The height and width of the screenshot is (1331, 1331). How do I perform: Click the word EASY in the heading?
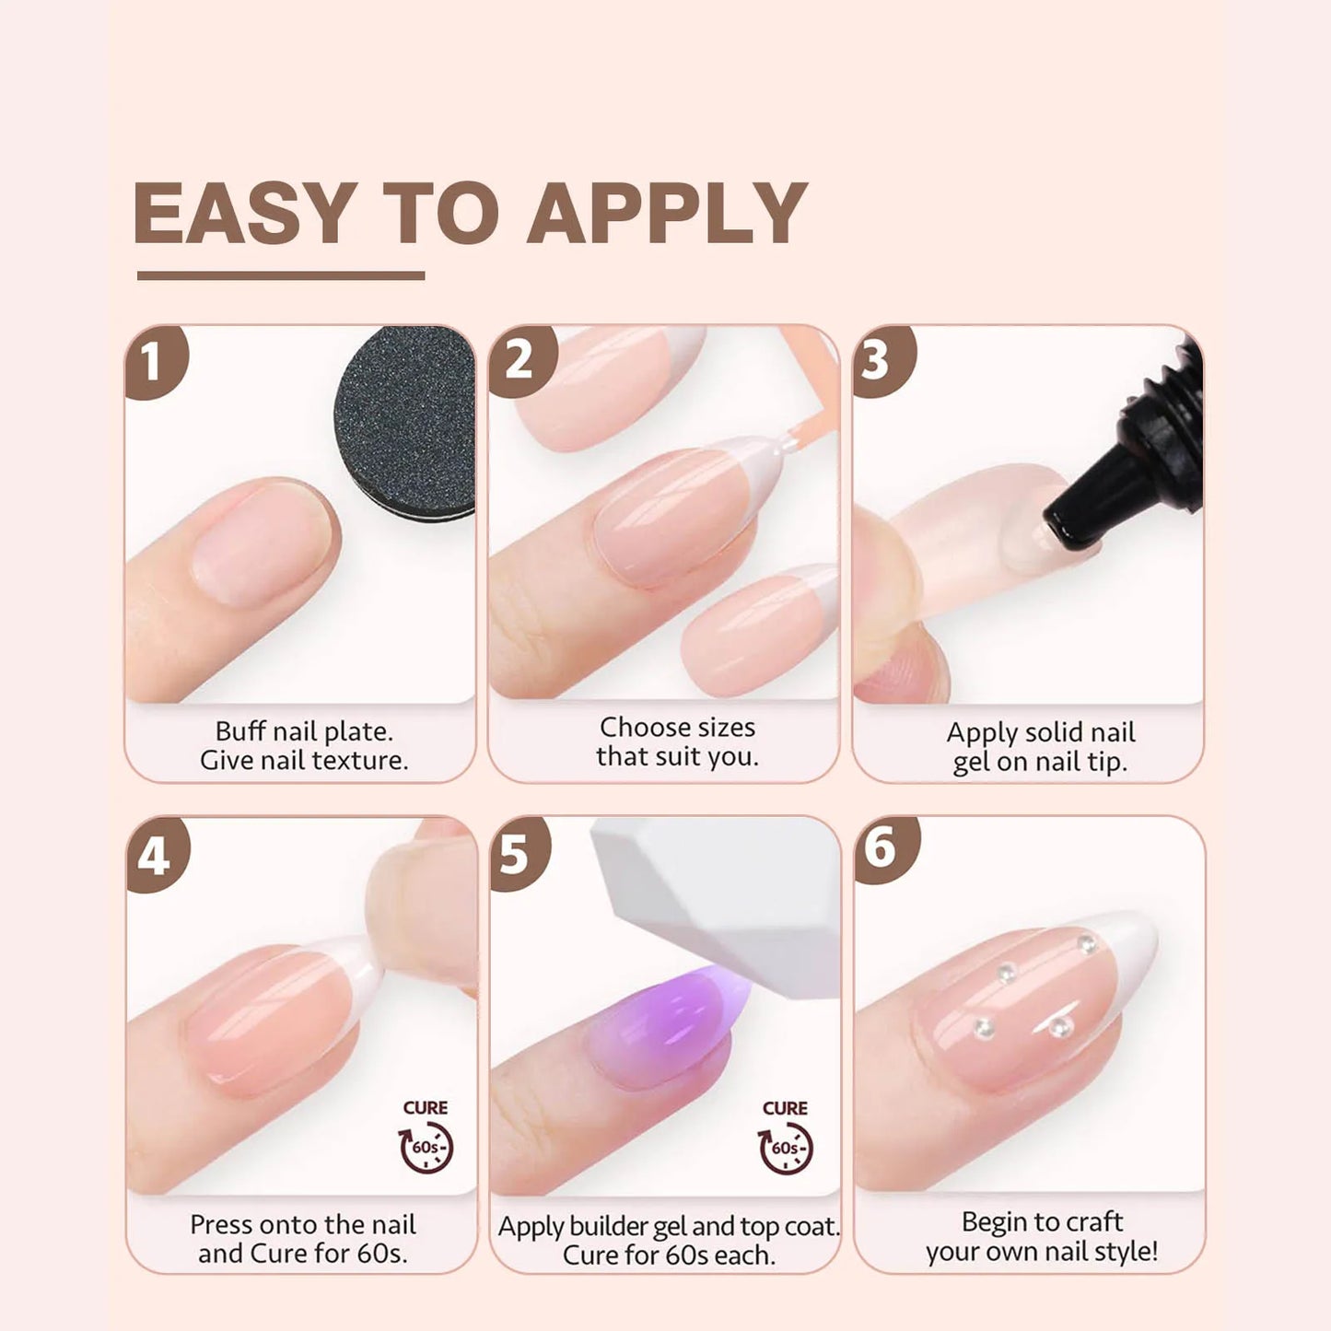245,213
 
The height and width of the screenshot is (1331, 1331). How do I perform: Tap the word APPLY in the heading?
667,213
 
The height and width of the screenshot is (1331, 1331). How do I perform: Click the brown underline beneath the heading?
280,275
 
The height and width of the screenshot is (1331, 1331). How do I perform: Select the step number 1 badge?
153,361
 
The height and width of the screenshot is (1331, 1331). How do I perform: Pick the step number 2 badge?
519,359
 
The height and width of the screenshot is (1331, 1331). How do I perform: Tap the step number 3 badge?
878,359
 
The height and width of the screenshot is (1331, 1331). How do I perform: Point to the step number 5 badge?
516,854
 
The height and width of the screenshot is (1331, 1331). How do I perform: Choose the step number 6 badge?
881,847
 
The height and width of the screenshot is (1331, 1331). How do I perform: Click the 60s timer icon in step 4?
426,1149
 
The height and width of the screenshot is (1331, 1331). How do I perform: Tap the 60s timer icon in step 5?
785,1149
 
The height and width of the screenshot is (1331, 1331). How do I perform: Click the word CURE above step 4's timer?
426,1107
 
